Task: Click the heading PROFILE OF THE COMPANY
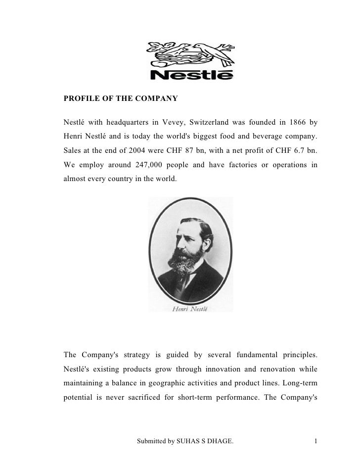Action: [121, 98]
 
